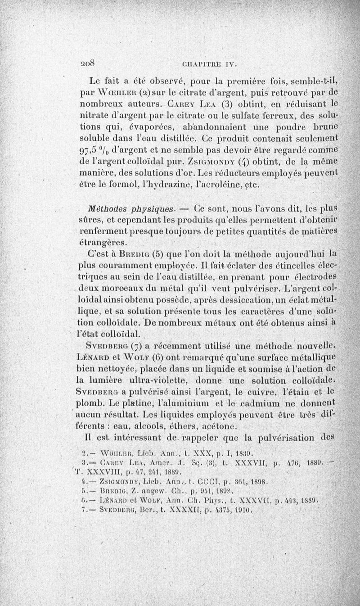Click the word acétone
pyautogui.click(x=198, y=426)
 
